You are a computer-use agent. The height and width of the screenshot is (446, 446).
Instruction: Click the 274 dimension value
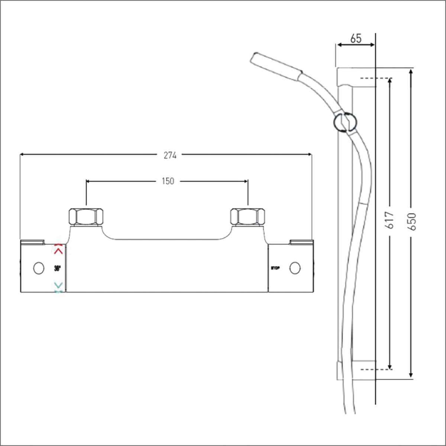coord(170,155)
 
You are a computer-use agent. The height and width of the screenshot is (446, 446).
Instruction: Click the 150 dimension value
coord(168,181)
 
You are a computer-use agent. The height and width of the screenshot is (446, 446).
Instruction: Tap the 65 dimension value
coord(356,39)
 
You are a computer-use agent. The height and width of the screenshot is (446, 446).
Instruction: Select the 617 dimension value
coord(391,220)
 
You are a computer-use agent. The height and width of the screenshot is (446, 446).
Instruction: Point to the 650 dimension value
coord(411,222)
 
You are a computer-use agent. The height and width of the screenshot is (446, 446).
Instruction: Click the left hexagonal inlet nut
coord(86,216)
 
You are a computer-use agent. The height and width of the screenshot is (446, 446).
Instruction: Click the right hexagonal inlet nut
coord(248,216)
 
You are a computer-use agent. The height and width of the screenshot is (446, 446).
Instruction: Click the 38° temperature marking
coord(57,268)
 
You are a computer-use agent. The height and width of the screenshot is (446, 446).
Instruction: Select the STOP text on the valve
coord(275,268)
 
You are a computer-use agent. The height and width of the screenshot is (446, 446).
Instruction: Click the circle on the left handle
coord(38,268)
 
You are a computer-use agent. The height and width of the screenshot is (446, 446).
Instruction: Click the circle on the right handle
coord(295,268)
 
